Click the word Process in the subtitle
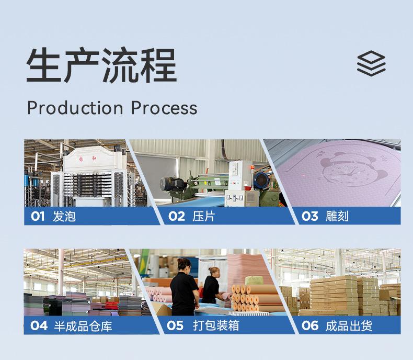coord(164,108)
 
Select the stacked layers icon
coord(371,65)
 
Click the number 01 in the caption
coord(38,216)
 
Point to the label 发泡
coord(64,216)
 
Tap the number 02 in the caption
coord(177,216)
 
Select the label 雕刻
coord(337,216)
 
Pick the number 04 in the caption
coord(38,325)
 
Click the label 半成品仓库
coord(83,325)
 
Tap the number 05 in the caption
coord(176,325)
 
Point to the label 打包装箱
coord(216,325)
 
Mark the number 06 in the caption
coord(310,325)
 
